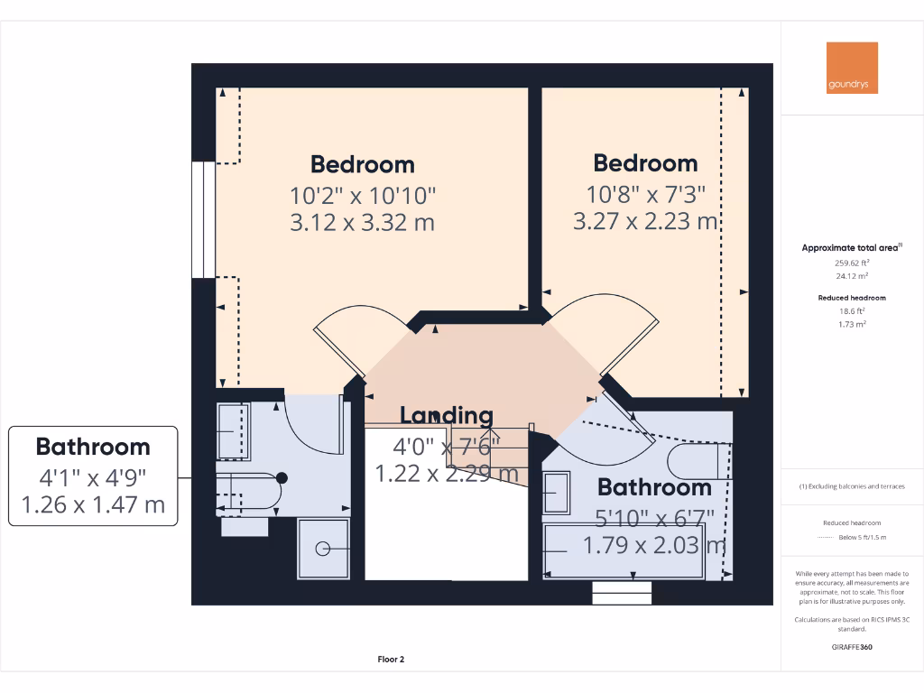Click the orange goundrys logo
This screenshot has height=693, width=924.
[852, 68]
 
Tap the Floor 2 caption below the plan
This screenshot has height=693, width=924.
[391, 660]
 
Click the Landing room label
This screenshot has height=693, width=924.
[447, 415]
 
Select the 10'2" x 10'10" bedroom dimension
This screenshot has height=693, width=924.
[363, 194]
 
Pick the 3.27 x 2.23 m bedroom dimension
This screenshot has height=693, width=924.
[645, 220]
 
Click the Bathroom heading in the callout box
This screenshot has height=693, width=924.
[93, 447]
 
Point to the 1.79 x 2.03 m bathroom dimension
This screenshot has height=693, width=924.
[654, 545]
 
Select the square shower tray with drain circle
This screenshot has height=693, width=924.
[323, 549]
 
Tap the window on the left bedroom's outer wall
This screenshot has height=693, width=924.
[204, 218]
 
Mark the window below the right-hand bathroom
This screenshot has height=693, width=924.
[622, 593]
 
